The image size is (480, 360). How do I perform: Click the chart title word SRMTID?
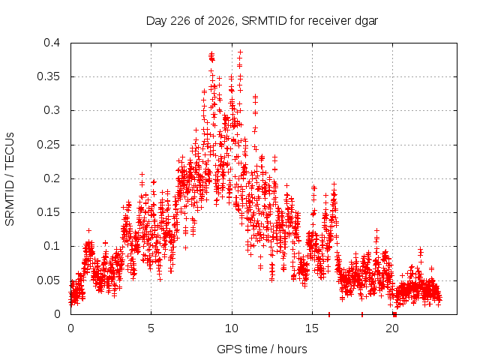(x=264, y=21)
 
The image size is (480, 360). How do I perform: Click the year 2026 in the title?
(x=221, y=21)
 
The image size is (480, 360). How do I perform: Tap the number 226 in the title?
(x=181, y=21)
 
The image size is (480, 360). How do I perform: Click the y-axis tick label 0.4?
(x=52, y=43)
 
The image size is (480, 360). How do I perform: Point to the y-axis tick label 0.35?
(x=48, y=76)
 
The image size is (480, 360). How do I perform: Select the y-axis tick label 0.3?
(x=52, y=110)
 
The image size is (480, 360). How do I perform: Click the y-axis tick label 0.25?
(x=48, y=145)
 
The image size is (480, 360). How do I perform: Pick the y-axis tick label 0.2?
(x=52, y=178)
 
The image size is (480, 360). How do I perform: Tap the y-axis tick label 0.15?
(x=48, y=212)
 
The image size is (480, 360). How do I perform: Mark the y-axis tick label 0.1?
(x=52, y=246)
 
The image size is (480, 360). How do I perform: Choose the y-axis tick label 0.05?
(x=48, y=280)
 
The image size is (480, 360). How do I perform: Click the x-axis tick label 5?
(x=151, y=328)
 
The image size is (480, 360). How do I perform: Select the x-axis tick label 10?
(x=232, y=328)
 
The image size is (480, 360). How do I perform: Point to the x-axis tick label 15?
(x=312, y=328)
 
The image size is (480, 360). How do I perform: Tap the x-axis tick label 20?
(x=392, y=328)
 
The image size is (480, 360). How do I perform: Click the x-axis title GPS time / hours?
(x=262, y=349)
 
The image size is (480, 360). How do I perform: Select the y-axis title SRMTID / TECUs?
(x=10, y=179)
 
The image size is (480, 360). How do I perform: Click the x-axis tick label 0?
(x=70, y=328)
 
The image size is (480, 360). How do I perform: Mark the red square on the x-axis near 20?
(x=395, y=314)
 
